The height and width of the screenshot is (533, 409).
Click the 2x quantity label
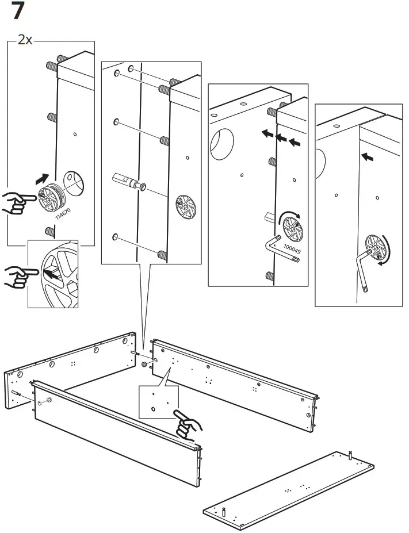[25, 40]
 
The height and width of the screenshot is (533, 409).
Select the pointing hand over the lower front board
[188, 424]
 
